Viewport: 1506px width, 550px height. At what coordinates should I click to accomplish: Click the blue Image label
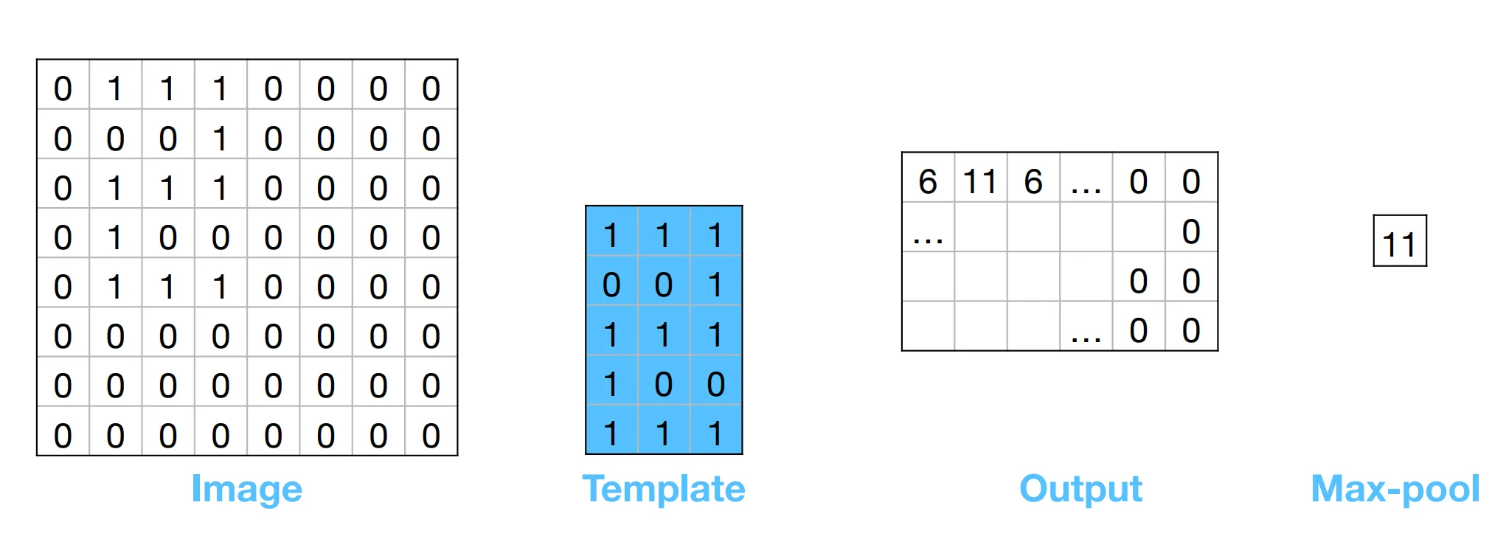[x=246, y=490]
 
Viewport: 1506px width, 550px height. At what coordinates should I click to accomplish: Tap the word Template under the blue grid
[x=664, y=489]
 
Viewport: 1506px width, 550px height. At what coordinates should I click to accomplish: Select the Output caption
[x=1080, y=489]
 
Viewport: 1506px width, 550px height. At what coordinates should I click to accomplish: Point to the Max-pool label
[x=1395, y=489]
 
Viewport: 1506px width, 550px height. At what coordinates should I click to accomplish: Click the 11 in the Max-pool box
[x=1399, y=245]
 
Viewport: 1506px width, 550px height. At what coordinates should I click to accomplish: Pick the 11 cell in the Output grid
[x=980, y=181]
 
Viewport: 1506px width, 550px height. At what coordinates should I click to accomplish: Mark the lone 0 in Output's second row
[x=1191, y=232]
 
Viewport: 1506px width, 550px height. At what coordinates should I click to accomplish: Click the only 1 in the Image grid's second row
[x=220, y=139]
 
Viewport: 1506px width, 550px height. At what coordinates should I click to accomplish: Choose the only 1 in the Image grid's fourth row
[x=115, y=237]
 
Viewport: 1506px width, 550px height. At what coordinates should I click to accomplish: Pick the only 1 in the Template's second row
[x=715, y=285]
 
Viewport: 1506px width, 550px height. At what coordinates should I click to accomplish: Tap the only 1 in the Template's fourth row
[x=611, y=384]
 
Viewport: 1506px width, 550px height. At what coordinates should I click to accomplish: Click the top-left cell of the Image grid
[x=63, y=88]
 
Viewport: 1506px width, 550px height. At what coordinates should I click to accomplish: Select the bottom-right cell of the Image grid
[x=431, y=436]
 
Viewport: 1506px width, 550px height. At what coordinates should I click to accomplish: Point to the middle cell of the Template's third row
[x=663, y=335]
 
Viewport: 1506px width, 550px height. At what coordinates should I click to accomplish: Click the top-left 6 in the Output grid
[x=928, y=181]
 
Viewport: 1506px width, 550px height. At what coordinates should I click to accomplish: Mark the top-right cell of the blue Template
[x=715, y=235]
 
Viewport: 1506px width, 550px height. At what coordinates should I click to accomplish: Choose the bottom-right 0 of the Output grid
[x=1191, y=330]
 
